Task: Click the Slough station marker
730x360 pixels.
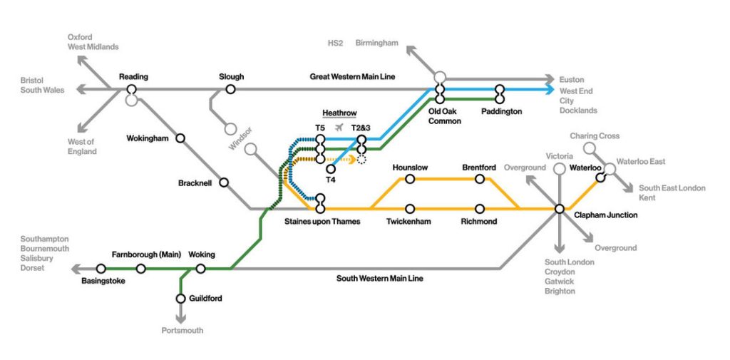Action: pos(230,89)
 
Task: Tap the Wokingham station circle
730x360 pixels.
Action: pos(181,138)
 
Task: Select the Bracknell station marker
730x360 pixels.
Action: pos(224,182)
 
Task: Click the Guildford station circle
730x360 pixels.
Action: pos(181,298)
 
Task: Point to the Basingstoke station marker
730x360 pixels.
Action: pos(101,269)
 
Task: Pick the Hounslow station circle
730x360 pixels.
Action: pos(410,179)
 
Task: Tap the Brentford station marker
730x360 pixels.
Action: pos(479,179)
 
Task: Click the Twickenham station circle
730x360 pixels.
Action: pos(410,209)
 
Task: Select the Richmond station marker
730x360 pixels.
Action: pos(479,209)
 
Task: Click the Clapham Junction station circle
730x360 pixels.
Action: pos(560,209)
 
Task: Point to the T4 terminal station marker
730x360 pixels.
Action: pos(330,169)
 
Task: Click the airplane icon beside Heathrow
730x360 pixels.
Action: pos(339,127)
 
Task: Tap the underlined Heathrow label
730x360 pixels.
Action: pos(339,113)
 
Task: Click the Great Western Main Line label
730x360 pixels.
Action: pos(352,76)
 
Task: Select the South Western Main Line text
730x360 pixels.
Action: pos(379,278)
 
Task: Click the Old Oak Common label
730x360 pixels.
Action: pos(444,116)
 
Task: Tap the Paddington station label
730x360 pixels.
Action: pos(501,112)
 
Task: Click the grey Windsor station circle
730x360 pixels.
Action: pos(230,130)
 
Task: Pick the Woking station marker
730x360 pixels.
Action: pos(200,269)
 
